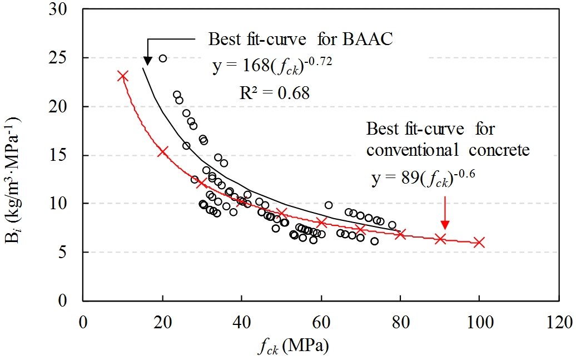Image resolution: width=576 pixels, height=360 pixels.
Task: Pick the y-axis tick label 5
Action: (71, 252)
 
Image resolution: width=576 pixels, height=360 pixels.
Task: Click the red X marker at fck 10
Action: (123, 76)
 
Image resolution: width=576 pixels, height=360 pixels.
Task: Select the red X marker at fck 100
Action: (479, 243)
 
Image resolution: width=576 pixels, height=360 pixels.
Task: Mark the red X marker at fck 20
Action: (162, 151)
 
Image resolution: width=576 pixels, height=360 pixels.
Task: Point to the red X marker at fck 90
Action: (440, 239)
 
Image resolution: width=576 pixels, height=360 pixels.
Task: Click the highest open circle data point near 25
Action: (163, 58)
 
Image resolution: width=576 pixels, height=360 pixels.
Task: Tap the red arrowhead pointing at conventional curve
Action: (444, 224)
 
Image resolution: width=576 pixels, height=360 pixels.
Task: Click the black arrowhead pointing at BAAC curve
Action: (148, 60)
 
